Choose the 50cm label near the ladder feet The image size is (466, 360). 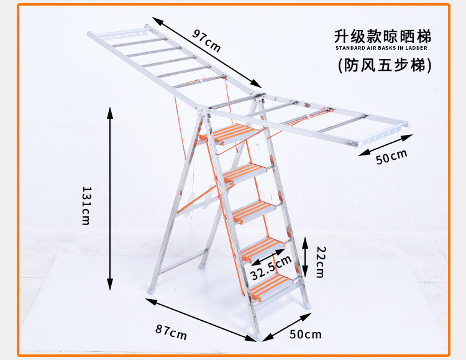[306, 335]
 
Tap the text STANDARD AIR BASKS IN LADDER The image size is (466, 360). [381, 47]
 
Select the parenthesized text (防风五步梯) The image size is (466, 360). [384, 65]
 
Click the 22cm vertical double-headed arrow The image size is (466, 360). [305, 256]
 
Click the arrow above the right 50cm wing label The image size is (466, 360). [385, 142]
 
